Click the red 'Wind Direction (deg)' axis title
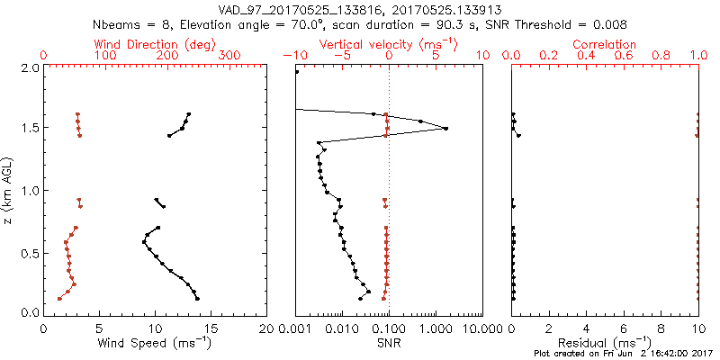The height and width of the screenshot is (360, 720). click(156, 44)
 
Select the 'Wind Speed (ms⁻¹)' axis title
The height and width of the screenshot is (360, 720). click(156, 342)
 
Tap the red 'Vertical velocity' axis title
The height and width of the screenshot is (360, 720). click(389, 44)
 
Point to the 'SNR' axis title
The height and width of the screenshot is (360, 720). click(389, 342)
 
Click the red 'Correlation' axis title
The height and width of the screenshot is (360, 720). click(605, 44)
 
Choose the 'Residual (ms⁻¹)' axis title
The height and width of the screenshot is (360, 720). click(605, 342)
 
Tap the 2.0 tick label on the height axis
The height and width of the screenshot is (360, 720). click(29, 68)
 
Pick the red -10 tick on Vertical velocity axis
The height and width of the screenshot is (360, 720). click(293, 56)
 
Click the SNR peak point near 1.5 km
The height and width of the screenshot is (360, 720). click(445, 129)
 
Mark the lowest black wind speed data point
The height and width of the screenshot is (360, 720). click(197, 299)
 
